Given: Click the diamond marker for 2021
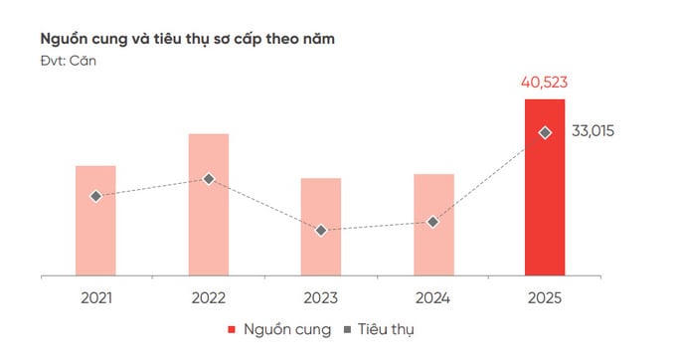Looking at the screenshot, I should (x=95, y=197).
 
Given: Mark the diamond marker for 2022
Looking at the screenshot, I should (x=209, y=179).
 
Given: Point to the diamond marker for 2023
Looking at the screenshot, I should (x=321, y=230).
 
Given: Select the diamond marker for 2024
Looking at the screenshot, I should (x=433, y=222).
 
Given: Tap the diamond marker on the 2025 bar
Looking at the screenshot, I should (x=545, y=132).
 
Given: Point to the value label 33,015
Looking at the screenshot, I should (x=594, y=131).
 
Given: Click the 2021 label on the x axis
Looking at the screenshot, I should (x=95, y=297).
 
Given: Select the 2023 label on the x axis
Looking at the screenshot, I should (x=321, y=297).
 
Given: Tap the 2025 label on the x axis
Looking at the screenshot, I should (x=545, y=297).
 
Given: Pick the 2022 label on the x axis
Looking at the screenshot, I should (x=209, y=297).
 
